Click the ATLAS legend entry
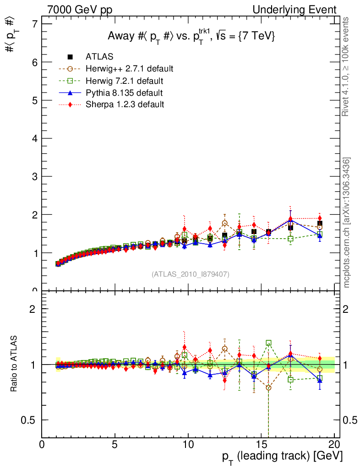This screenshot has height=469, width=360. (99, 57)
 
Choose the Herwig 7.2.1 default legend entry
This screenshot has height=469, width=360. (124, 81)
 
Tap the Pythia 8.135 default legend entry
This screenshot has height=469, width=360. (124, 93)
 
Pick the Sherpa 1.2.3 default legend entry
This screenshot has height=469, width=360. (125, 104)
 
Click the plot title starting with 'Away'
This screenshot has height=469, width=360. (191, 37)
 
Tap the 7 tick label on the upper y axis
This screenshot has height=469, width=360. (33, 24)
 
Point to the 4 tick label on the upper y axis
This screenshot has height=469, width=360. (33, 138)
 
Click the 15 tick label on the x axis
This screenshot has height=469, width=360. (261, 444)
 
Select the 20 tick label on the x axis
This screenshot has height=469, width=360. (334, 444)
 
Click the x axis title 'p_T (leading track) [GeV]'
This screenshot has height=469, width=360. (282, 456)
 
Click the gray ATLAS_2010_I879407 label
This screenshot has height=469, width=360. (191, 274)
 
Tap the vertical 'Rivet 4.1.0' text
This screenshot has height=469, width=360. (346, 66)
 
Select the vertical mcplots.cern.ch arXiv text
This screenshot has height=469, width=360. (346, 223)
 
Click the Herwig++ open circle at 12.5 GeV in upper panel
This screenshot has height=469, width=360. (224, 224)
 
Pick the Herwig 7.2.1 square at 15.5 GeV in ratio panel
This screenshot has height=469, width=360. (268, 343)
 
